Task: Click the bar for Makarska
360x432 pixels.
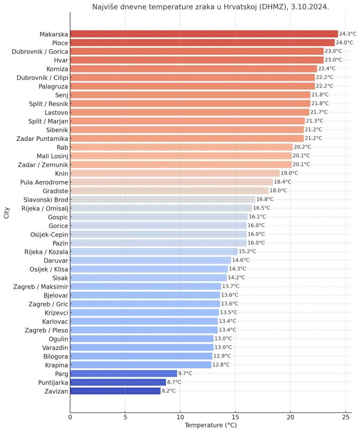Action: click(204, 34)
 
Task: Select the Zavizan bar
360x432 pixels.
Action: click(115, 391)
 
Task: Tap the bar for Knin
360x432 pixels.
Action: click(175, 173)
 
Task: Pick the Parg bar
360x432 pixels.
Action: click(124, 373)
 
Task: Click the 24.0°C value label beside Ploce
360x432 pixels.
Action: click(345, 42)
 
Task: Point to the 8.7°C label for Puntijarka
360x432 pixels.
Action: click(174, 382)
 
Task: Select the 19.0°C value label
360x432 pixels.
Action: click(289, 173)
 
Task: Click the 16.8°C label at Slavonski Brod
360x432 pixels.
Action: click(265, 199)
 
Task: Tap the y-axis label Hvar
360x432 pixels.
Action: click(61, 60)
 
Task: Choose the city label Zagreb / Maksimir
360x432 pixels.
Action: click(41, 287)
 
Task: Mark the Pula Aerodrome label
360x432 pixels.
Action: click(44, 182)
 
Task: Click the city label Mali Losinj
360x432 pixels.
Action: click(52, 156)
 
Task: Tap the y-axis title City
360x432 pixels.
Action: click(6, 212)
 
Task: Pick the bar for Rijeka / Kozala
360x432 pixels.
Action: click(154, 252)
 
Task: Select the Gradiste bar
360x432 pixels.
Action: click(169, 191)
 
